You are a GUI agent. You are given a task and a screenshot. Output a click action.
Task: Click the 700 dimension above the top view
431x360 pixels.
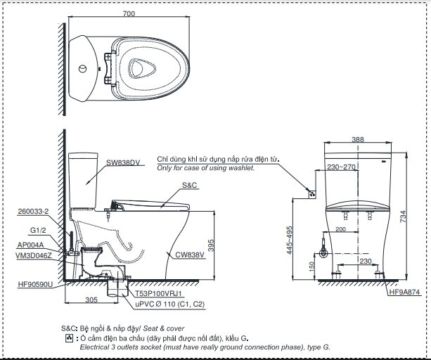(x=129, y=13)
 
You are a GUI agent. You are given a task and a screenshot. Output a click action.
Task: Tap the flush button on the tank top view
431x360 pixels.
(x=82, y=68)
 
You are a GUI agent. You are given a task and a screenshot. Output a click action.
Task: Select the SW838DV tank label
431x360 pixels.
(x=123, y=162)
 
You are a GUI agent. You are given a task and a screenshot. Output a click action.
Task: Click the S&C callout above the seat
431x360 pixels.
(x=190, y=185)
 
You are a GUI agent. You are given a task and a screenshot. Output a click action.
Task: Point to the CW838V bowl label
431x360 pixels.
(x=190, y=255)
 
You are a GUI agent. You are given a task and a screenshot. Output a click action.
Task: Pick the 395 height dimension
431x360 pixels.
(x=211, y=245)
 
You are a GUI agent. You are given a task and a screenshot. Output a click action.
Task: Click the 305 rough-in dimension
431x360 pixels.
(x=91, y=300)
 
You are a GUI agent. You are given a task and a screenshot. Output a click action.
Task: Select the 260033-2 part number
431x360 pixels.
(x=33, y=212)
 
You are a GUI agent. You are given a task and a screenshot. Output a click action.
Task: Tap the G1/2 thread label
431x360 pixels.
(x=38, y=230)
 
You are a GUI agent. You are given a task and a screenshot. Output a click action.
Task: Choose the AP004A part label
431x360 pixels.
(x=30, y=245)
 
